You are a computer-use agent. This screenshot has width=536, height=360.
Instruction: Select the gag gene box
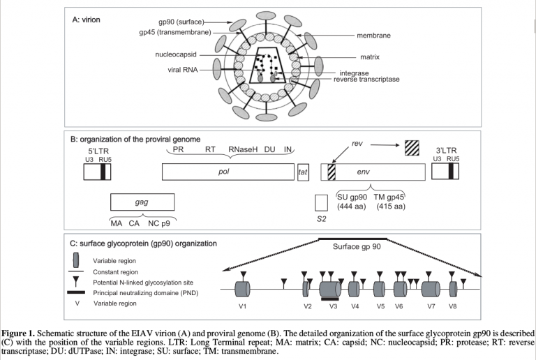[142, 203]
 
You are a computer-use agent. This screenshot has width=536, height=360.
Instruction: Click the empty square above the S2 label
[321, 203]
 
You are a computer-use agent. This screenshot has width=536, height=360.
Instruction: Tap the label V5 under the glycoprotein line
[380, 306]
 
